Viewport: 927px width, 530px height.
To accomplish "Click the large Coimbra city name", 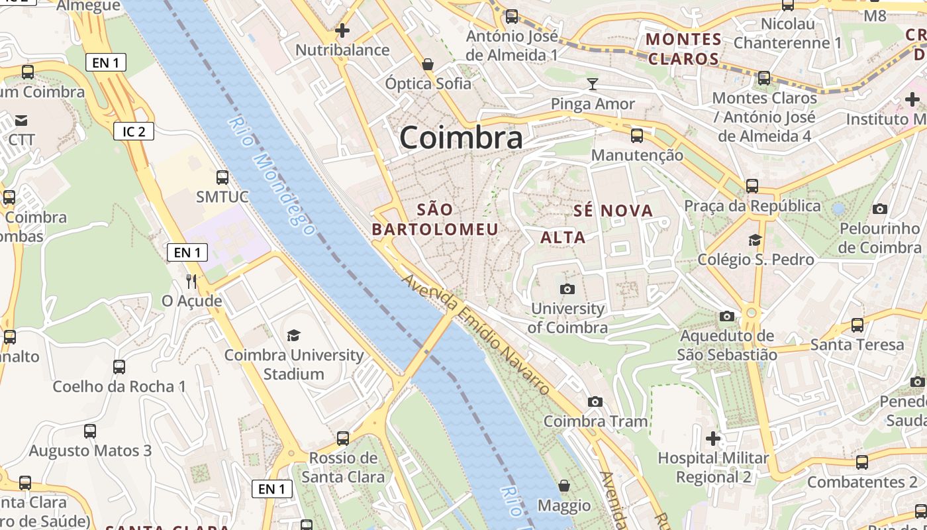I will [x=461, y=138].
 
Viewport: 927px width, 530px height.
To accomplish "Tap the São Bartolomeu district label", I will [x=435, y=219].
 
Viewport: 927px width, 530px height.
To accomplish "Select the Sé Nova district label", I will [x=612, y=211].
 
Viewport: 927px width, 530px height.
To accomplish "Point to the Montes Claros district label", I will [x=683, y=48].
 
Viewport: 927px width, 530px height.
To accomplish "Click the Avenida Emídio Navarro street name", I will [x=475, y=334].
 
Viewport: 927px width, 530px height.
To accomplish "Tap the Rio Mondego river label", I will [x=271, y=176].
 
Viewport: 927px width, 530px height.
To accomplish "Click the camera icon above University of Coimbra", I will [x=567, y=289].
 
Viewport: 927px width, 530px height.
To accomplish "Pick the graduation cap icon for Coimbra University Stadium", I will [x=293, y=335].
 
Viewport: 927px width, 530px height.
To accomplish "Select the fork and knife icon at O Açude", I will [x=191, y=281].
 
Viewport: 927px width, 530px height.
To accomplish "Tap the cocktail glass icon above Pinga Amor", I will [x=592, y=83].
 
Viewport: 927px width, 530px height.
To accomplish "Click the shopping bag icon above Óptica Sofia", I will [x=428, y=64].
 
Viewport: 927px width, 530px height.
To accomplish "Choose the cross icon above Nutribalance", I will [x=342, y=30].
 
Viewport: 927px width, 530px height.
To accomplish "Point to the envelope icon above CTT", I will [x=21, y=120].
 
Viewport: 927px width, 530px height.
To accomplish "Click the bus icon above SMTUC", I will [x=222, y=177].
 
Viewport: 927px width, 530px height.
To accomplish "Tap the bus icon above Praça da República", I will [x=752, y=185].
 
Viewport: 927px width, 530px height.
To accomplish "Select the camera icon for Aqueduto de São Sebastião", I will [x=727, y=316].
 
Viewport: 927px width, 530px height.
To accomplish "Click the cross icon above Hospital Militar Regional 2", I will [x=712, y=438].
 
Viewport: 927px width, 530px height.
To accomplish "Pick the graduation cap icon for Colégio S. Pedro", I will [x=755, y=239].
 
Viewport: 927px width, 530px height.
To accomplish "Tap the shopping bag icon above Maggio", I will [x=563, y=486].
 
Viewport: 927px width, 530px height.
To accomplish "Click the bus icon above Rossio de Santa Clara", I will [x=342, y=438].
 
